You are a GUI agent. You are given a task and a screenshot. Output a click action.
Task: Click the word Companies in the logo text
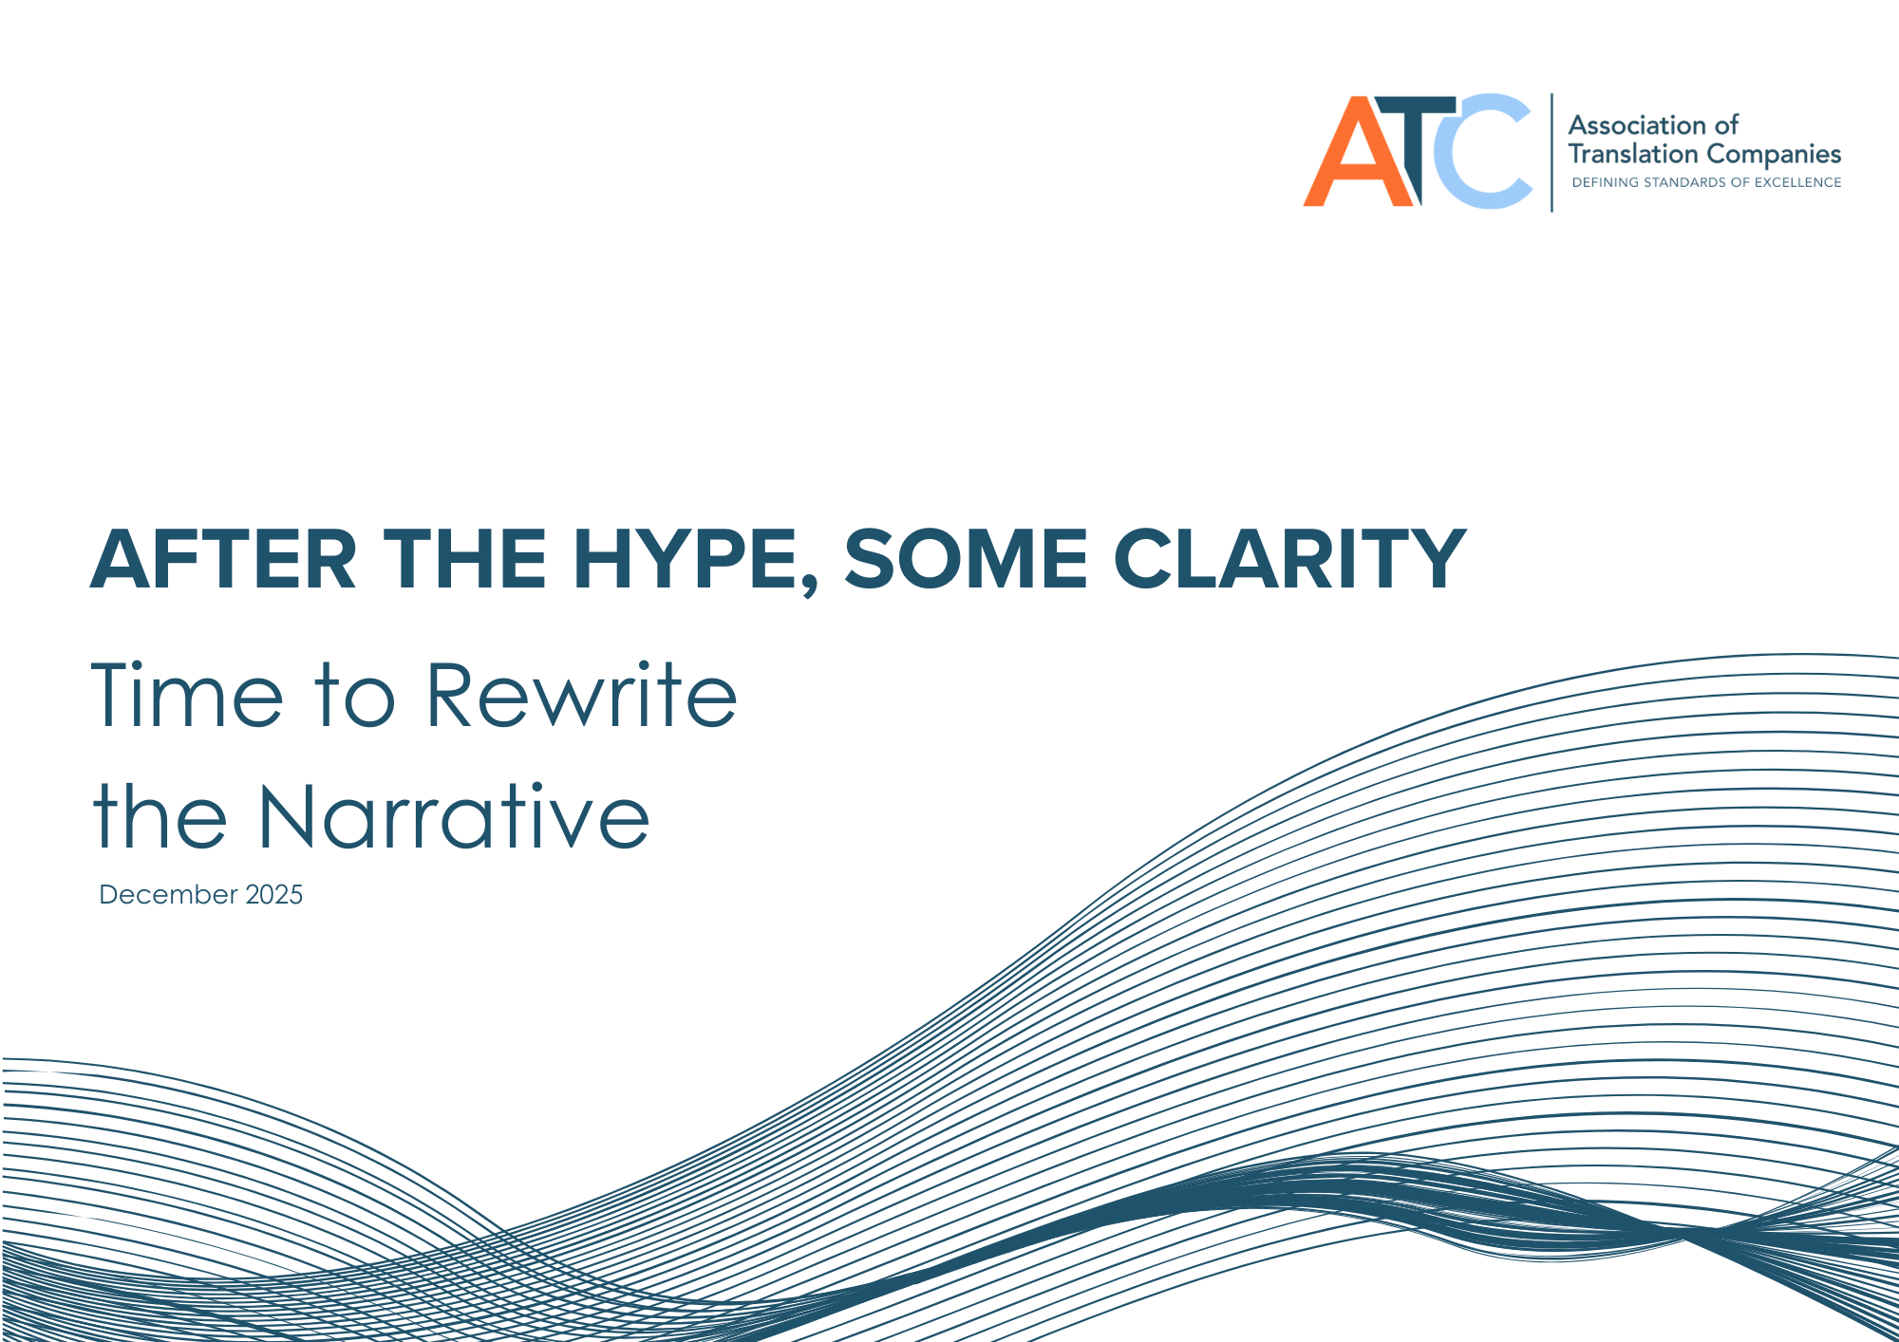pyautogui.click(x=1774, y=155)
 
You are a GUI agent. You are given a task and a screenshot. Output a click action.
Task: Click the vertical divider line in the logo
pyautogui.click(x=1551, y=152)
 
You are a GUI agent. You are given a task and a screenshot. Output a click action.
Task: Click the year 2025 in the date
pyautogui.click(x=273, y=895)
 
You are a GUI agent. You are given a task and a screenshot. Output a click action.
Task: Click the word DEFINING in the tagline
pyautogui.click(x=1605, y=182)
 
